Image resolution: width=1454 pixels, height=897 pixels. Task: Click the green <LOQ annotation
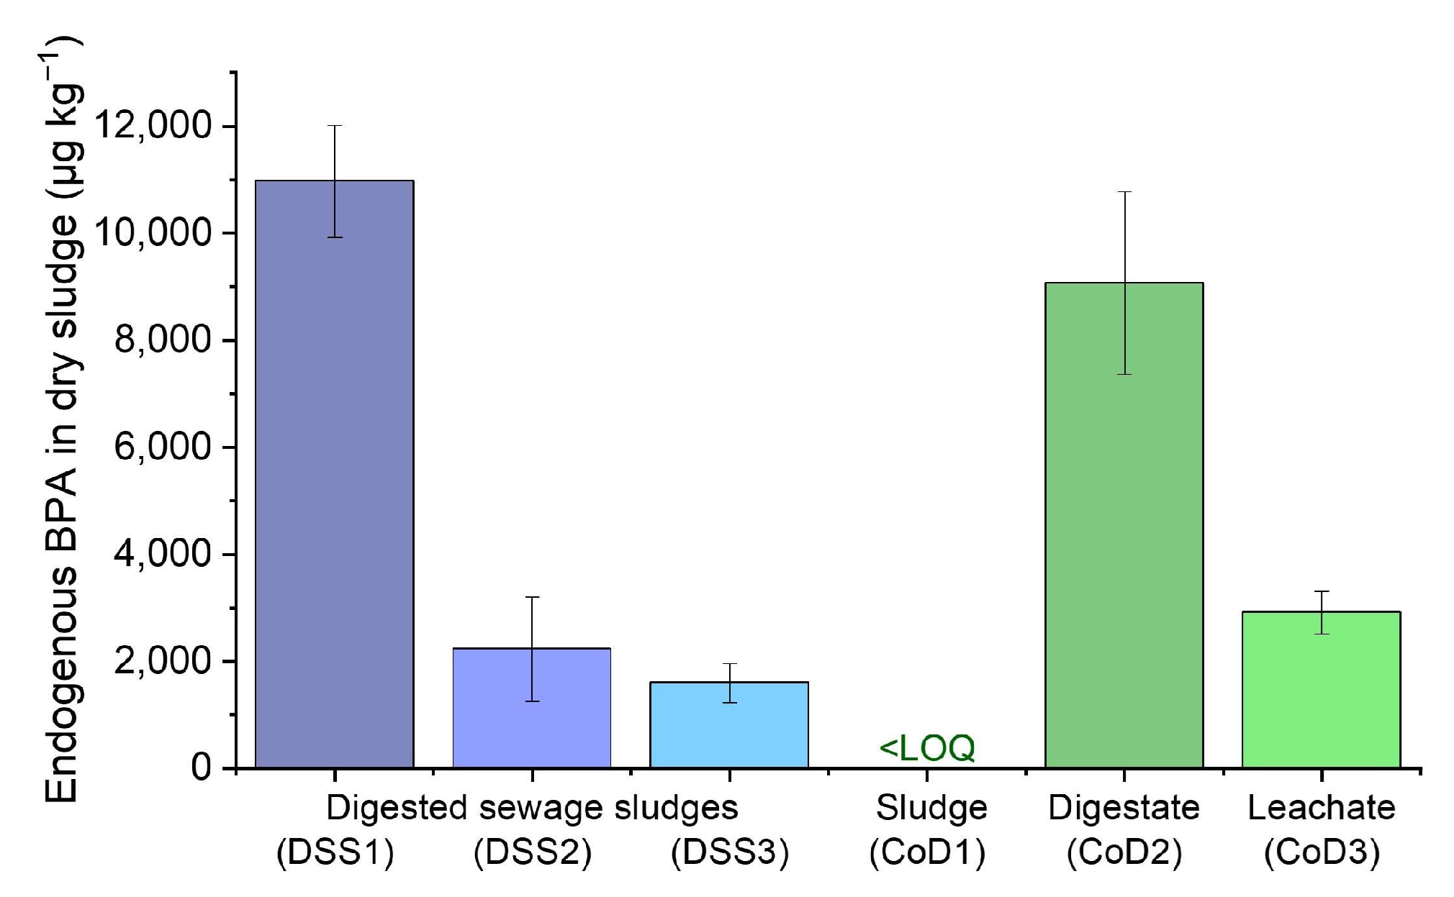click(927, 748)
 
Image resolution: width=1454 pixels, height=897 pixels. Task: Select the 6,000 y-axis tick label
click(163, 447)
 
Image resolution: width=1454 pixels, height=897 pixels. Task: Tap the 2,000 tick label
click(163, 661)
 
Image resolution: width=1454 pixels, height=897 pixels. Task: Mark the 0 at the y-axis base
click(202, 768)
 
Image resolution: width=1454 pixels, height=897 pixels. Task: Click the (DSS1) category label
click(335, 853)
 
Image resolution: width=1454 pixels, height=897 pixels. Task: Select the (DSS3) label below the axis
click(730, 853)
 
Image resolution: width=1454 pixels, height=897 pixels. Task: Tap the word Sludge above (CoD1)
click(931, 808)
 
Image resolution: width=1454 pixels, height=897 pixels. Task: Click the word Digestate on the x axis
click(1124, 808)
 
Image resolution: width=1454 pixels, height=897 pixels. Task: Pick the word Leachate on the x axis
click(1322, 808)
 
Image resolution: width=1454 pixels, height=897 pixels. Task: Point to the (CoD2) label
click(1124, 853)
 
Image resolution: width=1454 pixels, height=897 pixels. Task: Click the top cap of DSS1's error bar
click(335, 126)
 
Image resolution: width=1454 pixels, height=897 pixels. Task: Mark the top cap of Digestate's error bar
click(1124, 192)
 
